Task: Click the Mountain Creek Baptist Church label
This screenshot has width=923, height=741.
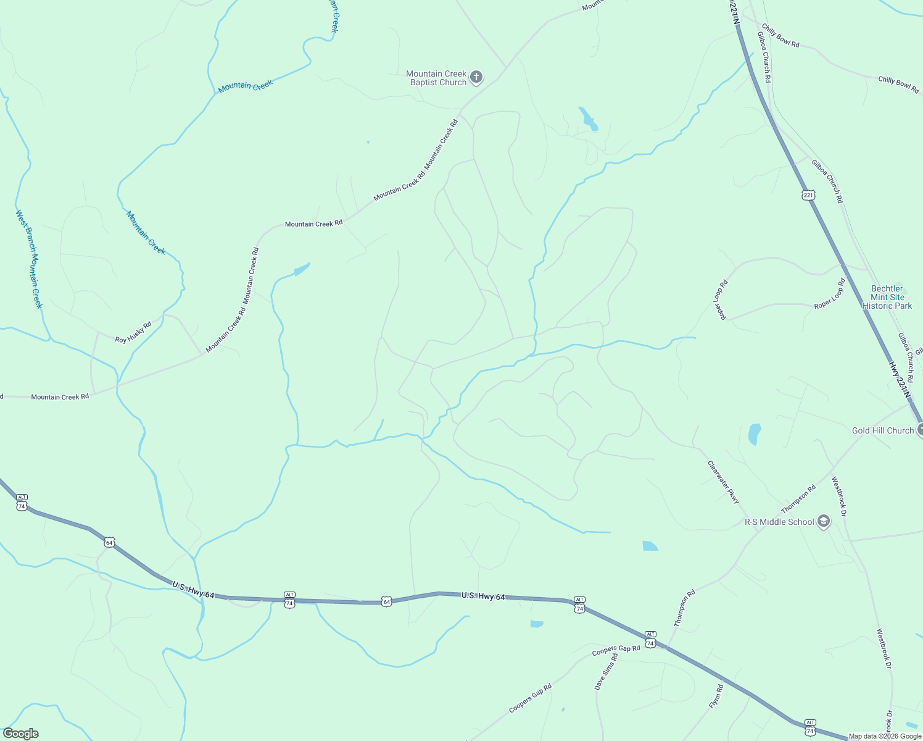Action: [436, 78]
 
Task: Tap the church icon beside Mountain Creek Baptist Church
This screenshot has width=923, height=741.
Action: [476, 77]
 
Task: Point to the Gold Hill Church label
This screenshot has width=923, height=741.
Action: [882, 430]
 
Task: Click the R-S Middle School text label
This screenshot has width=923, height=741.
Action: [779, 522]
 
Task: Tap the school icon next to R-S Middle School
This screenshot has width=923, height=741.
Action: [822, 522]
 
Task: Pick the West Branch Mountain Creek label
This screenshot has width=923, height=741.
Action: [29, 259]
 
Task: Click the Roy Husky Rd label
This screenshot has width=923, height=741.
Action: [133, 332]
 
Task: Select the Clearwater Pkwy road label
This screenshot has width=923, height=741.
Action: [723, 482]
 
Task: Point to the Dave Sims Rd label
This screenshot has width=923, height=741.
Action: [605, 672]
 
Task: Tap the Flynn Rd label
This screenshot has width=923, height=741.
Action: [715, 696]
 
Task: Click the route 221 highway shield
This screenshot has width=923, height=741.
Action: [808, 195]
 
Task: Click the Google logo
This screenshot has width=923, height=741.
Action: [20, 733]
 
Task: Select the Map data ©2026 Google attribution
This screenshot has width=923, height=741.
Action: [884, 736]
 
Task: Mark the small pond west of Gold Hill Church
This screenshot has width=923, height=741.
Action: [754, 433]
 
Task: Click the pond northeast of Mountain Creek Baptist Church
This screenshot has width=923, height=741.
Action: [588, 119]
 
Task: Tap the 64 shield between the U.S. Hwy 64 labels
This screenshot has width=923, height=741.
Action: [386, 601]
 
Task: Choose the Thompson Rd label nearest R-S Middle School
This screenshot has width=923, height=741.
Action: [798, 499]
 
